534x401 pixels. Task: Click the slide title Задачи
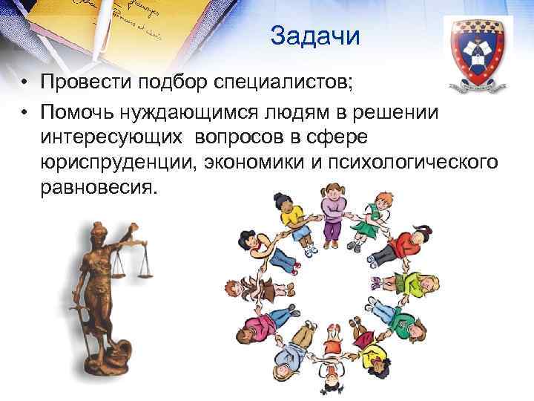tap(314, 36)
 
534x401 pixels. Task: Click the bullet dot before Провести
tap(24, 82)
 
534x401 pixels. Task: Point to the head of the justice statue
tap(104, 235)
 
